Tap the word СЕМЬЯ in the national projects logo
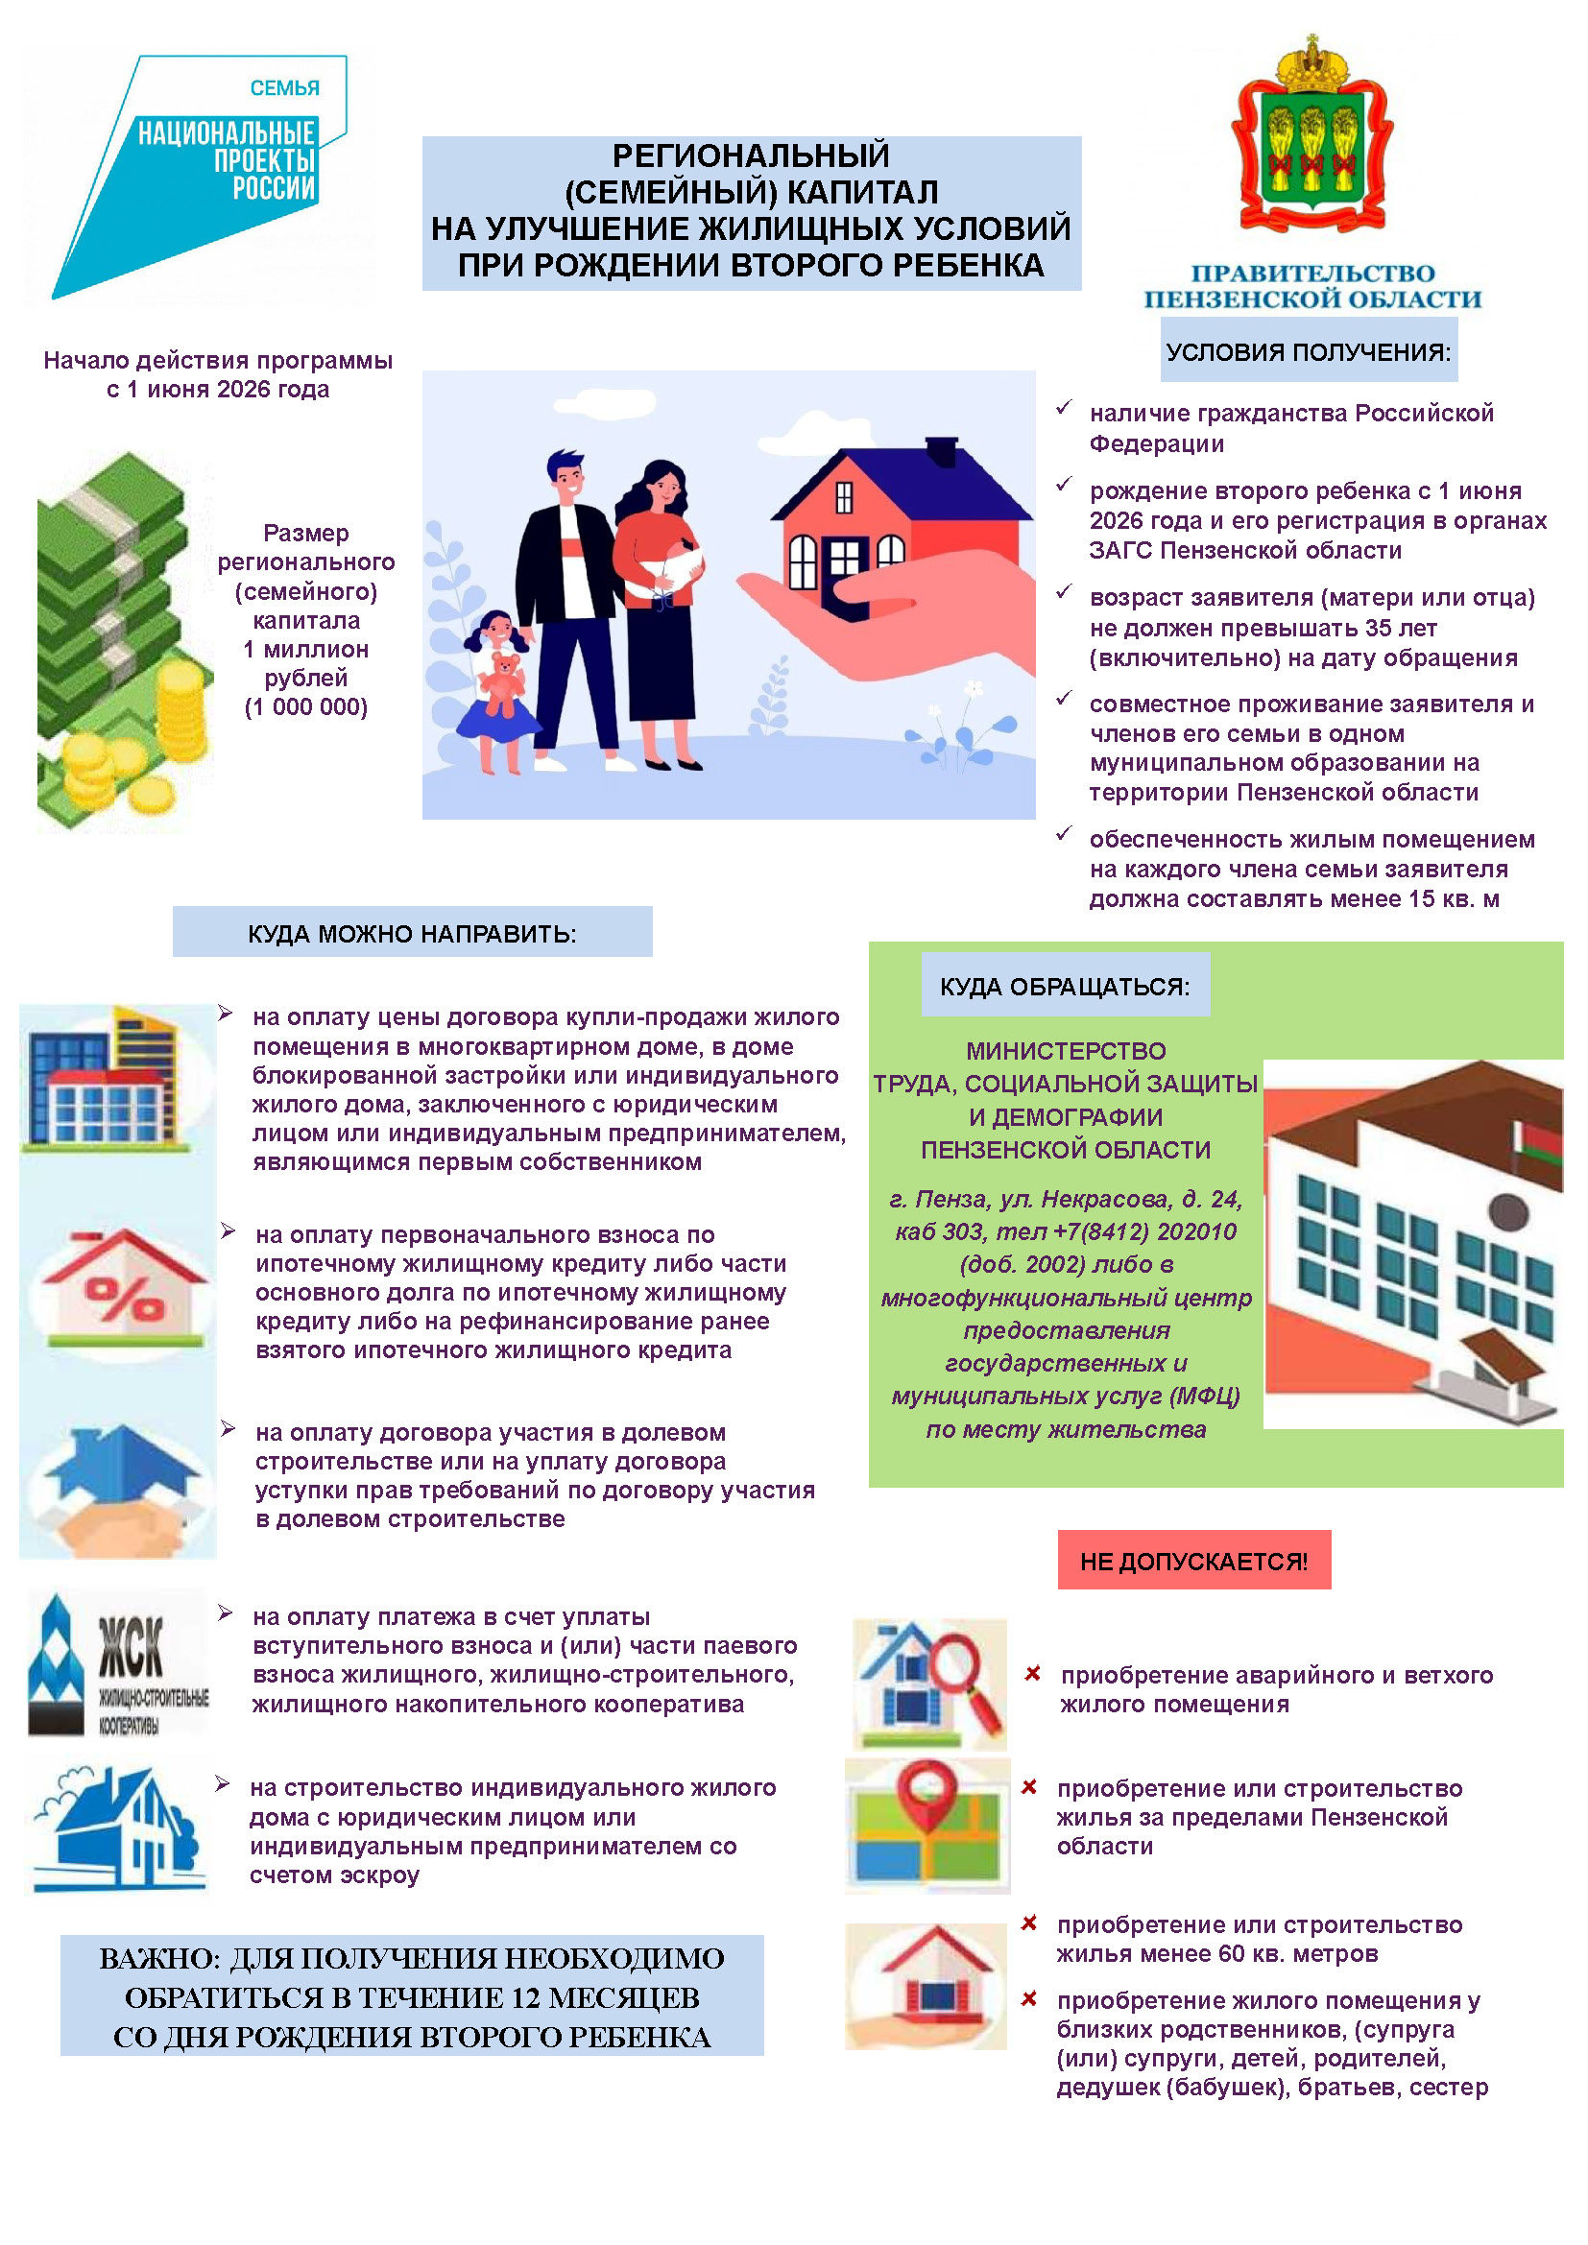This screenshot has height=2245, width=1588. click(284, 88)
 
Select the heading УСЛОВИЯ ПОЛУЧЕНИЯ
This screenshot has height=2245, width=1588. click(1309, 352)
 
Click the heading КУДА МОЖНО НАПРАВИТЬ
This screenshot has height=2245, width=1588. click(412, 934)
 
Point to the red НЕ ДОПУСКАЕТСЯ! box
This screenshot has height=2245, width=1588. click(1193, 1561)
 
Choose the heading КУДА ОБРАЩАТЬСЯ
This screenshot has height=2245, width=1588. click(1065, 987)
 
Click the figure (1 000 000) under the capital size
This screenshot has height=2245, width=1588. click(306, 707)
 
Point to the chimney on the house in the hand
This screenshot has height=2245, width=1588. click(941, 452)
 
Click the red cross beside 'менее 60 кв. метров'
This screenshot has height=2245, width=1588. click(1028, 1923)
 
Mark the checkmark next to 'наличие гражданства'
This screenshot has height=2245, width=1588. click(1064, 408)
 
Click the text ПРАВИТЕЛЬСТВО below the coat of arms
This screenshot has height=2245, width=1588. click(1312, 273)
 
